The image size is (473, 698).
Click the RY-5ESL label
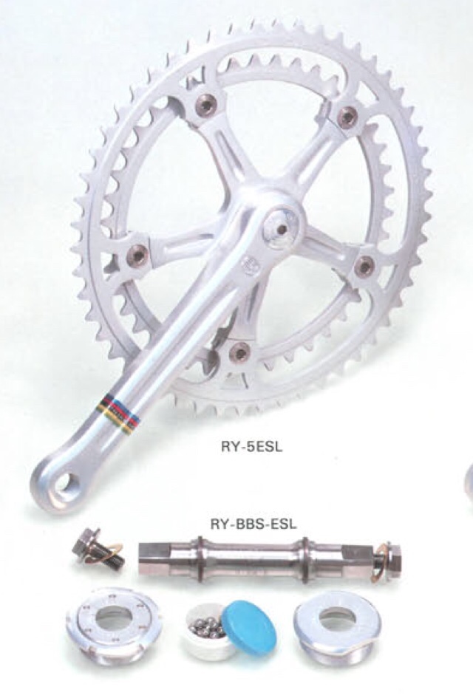251,446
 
